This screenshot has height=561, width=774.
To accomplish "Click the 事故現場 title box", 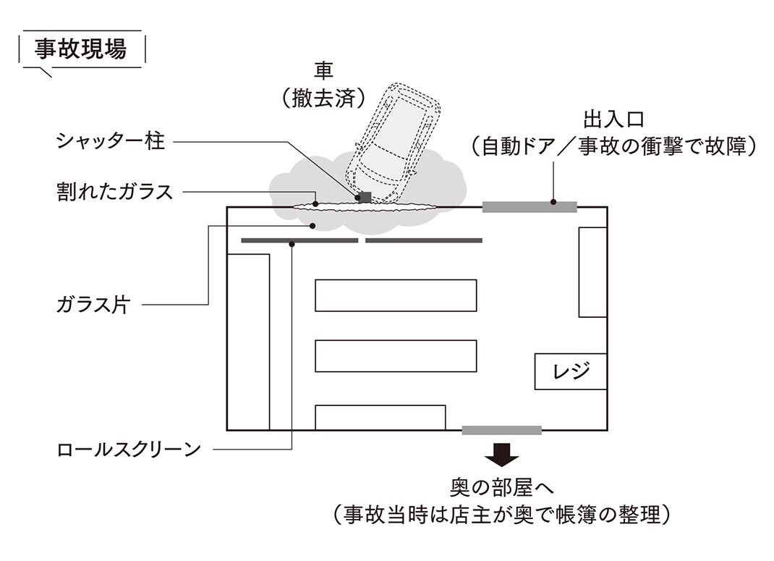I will (x=81, y=49).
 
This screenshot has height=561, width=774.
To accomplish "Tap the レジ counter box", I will (x=570, y=371).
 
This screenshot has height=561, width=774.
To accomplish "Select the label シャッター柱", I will (x=111, y=140).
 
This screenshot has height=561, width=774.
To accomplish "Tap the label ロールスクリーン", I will (x=129, y=450).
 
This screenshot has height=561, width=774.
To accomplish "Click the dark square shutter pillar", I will (x=365, y=197).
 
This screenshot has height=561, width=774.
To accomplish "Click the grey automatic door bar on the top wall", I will (x=530, y=207).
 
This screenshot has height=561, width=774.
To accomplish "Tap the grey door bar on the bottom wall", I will (x=501, y=430).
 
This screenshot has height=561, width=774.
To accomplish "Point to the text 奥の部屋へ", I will (x=501, y=487).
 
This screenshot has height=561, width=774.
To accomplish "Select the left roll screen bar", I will (x=299, y=240).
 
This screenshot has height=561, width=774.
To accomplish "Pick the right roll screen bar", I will (x=424, y=240).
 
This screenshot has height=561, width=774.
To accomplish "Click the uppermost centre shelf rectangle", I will (x=396, y=295).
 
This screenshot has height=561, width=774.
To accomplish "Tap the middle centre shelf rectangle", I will (x=396, y=355).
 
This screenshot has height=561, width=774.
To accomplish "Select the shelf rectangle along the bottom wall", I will (x=380, y=418).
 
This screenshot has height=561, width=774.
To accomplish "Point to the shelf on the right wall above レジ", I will (x=592, y=271).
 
